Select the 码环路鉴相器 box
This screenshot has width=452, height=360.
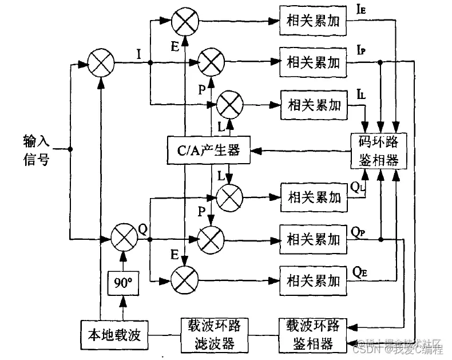click(378, 151)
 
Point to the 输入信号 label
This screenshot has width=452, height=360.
click(37, 149)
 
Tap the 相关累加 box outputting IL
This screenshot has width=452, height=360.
click(312, 105)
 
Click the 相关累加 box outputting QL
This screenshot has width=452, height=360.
click(312, 197)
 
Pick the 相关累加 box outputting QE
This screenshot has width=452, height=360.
click(312, 280)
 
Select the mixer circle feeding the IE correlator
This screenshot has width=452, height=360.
click(185, 21)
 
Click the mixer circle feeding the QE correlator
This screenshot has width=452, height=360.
click(185, 280)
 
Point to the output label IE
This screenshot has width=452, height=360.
click(362, 10)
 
